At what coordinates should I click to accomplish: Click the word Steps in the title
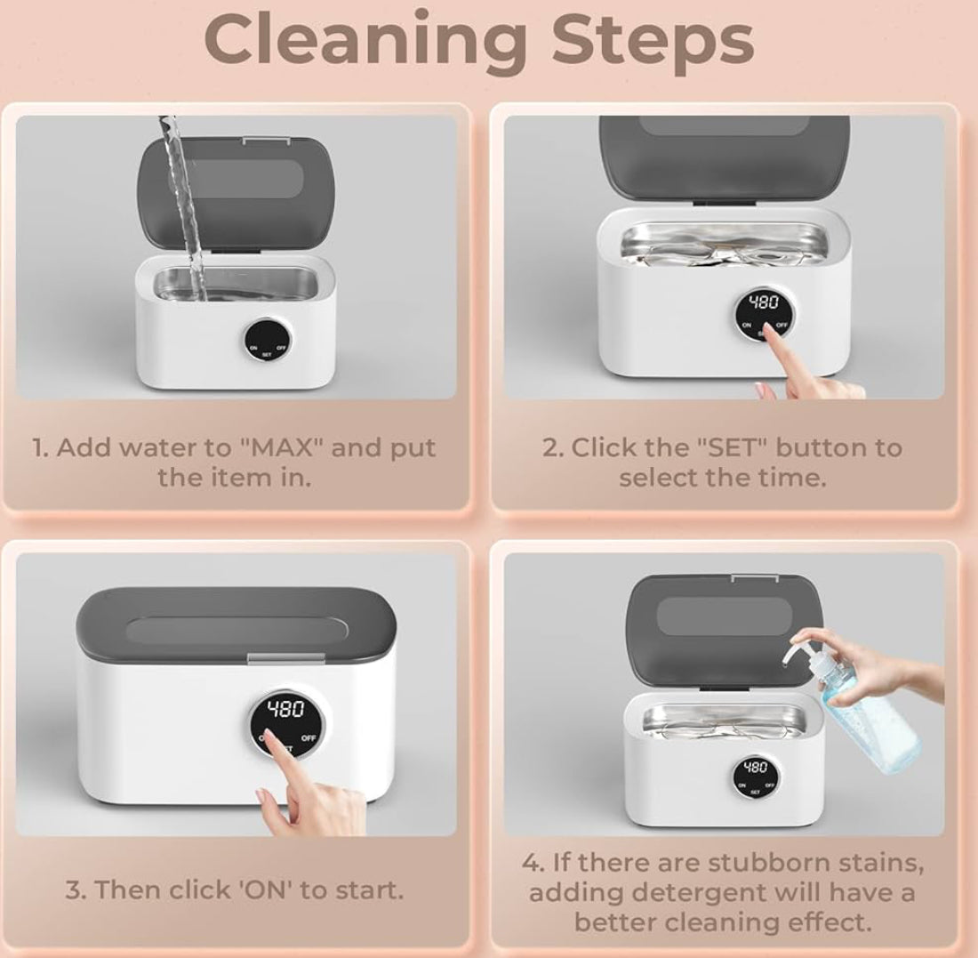653,39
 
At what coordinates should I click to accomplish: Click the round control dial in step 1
267,340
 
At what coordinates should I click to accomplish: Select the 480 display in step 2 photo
764,302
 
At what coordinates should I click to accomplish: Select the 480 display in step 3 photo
285,709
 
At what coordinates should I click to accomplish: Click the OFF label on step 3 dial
309,738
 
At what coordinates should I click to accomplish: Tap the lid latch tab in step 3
285,659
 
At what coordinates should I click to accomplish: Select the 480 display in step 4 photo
756,767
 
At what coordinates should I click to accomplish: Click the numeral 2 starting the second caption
549,448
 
